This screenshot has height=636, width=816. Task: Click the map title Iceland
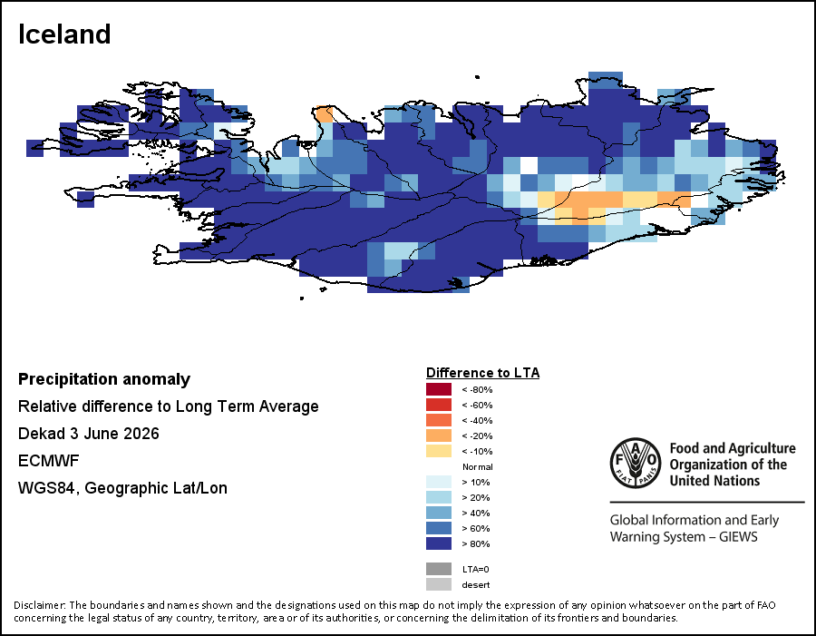[x=64, y=34]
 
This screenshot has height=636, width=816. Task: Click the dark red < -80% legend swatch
[x=439, y=389]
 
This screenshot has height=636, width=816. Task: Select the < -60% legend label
[x=477, y=406]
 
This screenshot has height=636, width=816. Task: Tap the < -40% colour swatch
[x=439, y=420]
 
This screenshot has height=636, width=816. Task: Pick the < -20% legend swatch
[x=439, y=435]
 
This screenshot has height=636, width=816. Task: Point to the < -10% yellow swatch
[x=439, y=451]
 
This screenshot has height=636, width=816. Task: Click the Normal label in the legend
[x=478, y=466]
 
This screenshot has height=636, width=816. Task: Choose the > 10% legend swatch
[x=439, y=482]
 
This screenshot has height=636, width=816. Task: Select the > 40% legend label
[x=476, y=514]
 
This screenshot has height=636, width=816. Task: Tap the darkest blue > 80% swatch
[x=439, y=543]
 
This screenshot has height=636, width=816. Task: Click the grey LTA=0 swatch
[x=439, y=569]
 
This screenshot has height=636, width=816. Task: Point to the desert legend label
[x=476, y=585]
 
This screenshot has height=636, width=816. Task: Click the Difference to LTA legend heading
[x=483, y=373]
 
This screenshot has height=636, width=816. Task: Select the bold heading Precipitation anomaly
[x=104, y=380]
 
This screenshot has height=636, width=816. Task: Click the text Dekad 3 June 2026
[x=89, y=434]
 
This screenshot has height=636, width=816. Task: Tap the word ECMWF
[x=48, y=461]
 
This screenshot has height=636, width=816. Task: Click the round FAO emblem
[x=636, y=463]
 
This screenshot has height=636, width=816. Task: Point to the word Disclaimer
[x=40, y=605]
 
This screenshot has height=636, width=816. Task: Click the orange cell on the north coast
[x=325, y=114]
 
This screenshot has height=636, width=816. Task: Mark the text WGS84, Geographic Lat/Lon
[x=122, y=488]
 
